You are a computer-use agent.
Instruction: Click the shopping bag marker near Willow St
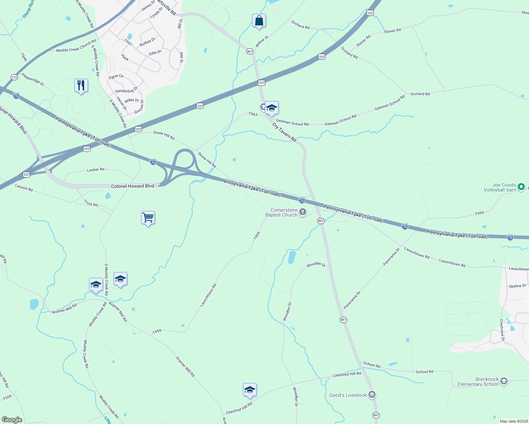click(259, 21)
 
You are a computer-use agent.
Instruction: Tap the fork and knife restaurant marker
click(81, 86)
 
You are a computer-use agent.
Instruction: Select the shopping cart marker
click(148, 218)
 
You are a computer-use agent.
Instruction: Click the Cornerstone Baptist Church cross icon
click(303, 212)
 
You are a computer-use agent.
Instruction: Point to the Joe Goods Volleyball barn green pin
click(521, 187)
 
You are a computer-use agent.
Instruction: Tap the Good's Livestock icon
click(372, 395)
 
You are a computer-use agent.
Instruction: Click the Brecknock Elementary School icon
click(504, 381)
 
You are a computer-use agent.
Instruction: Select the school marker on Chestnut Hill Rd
click(250, 390)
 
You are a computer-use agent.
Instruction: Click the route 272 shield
click(14, 77)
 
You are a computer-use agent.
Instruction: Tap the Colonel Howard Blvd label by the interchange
click(133, 186)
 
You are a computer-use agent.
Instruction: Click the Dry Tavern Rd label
click(284, 132)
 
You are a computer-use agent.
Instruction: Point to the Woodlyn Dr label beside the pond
click(316, 265)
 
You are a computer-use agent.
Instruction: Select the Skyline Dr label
click(517, 286)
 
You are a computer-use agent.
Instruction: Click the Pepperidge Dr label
click(33, 79)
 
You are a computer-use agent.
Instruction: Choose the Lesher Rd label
click(95, 170)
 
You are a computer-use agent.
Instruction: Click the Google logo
click(12, 420)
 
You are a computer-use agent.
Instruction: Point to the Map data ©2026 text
click(513, 421)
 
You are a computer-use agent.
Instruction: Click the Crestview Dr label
click(502, 330)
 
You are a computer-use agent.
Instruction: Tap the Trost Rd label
click(91, 203)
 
